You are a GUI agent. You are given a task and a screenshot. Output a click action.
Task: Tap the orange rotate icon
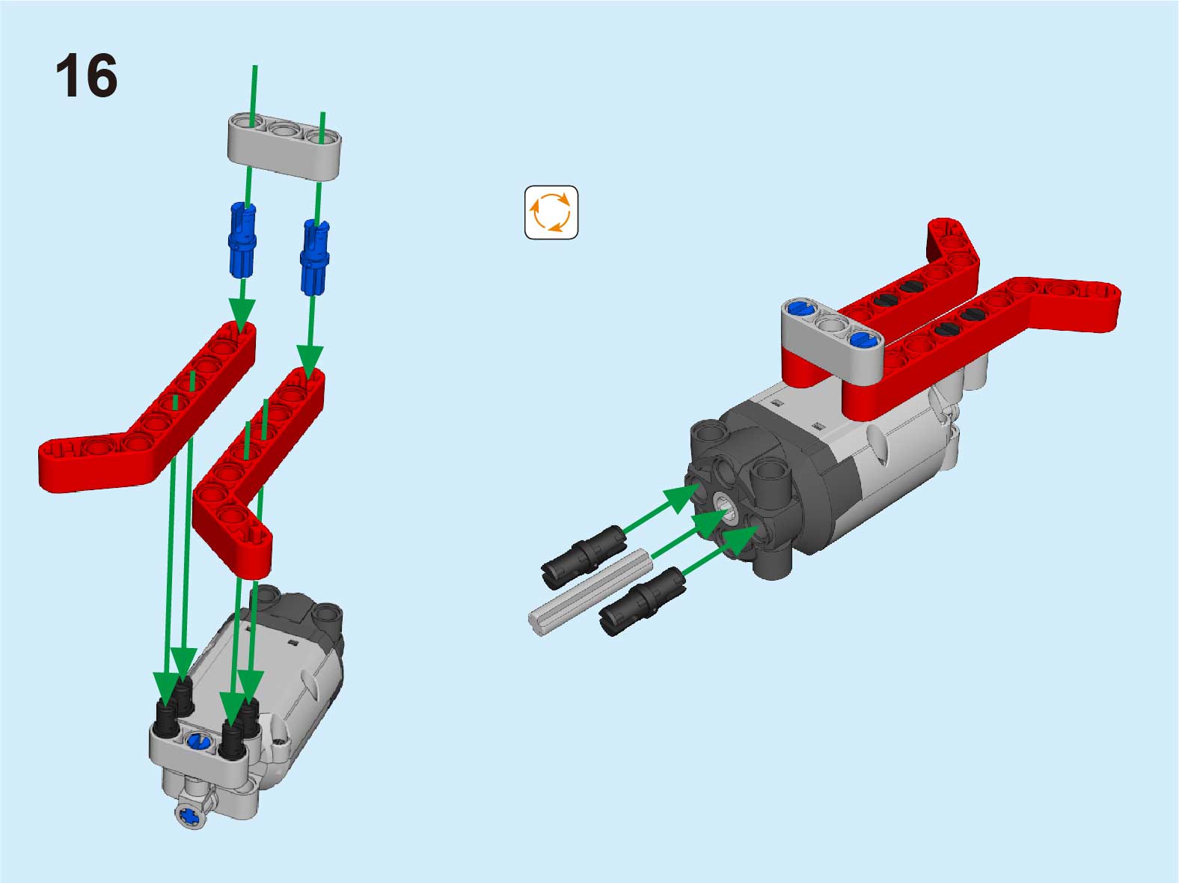(551, 213)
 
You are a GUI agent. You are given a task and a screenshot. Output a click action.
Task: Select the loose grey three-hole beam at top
(284, 145)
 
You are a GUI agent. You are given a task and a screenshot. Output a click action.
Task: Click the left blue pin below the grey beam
(243, 240)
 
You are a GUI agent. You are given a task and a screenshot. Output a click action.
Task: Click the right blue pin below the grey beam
(315, 257)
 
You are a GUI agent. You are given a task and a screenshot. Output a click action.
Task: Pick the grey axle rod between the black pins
(591, 592)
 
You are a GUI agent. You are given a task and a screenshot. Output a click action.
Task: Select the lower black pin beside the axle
(643, 602)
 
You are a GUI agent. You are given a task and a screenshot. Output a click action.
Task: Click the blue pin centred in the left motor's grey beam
(197, 742)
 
